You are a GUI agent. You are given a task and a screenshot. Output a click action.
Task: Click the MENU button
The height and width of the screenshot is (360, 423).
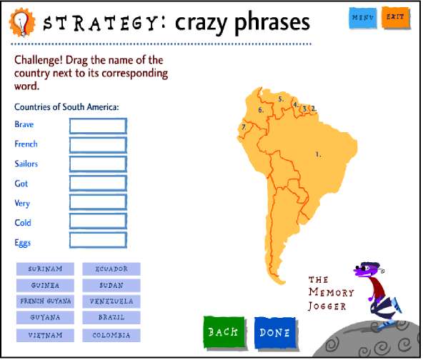(x=363, y=18)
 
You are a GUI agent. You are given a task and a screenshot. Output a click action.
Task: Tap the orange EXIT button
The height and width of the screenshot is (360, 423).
(x=396, y=18)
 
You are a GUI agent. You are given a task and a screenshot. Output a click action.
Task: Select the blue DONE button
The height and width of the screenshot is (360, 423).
(x=275, y=333)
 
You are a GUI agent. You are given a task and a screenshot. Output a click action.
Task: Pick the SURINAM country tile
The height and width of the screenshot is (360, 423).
(x=45, y=269)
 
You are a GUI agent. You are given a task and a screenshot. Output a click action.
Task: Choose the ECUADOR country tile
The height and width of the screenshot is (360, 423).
(x=111, y=269)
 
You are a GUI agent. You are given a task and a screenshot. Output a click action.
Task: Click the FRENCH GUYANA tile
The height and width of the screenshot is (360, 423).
(x=45, y=301)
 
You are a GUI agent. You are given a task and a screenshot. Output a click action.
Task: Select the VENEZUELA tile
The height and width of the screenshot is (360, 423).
(x=111, y=301)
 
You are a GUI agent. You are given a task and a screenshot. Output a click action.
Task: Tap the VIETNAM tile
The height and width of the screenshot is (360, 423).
(x=45, y=335)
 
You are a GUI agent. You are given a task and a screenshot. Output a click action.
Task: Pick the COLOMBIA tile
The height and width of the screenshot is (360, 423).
(x=111, y=335)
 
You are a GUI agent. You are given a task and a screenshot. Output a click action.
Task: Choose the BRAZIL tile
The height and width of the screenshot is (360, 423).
(x=111, y=317)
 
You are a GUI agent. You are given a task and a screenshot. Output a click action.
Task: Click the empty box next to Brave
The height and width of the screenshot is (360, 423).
(x=98, y=126)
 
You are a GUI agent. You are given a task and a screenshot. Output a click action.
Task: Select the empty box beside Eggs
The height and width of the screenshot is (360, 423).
(x=98, y=240)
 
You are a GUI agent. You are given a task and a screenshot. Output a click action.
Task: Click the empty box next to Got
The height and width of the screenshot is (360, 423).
(x=98, y=183)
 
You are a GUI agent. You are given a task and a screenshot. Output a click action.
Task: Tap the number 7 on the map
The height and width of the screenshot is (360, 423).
(x=244, y=126)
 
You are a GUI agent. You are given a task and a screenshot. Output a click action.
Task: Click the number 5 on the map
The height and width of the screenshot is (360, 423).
(x=281, y=99)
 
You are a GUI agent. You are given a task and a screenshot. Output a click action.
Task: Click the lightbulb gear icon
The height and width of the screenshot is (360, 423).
(x=22, y=22)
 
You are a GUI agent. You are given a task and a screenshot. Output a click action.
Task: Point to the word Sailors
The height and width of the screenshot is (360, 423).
(x=26, y=164)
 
